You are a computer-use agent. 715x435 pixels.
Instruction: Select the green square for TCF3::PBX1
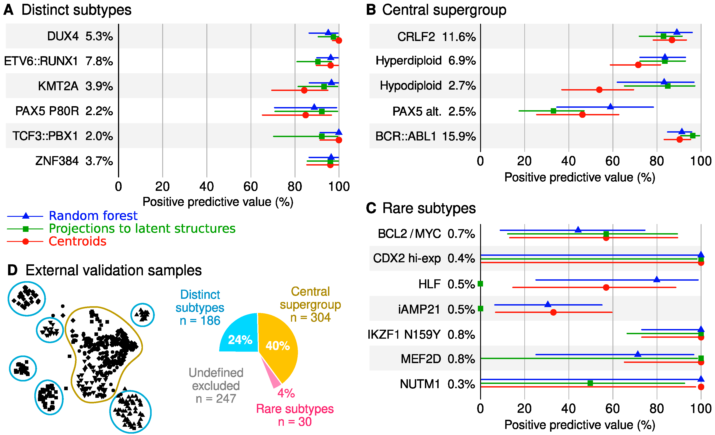click(321, 136)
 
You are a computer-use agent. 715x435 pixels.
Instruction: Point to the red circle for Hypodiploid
click(599, 90)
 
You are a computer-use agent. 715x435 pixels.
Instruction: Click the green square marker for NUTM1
click(590, 383)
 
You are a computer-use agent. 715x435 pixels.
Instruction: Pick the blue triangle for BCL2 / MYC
click(578, 230)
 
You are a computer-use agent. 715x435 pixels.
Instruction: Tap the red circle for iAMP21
click(553, 312)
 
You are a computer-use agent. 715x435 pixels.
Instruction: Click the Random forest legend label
click(93, 216)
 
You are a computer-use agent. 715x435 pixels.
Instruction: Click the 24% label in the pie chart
click(240, 340)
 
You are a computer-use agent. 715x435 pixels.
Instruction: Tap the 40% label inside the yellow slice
click(278, 345)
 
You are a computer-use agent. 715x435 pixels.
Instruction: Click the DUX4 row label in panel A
click(63, 36)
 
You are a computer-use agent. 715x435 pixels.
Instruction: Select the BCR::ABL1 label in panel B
click(405, 136)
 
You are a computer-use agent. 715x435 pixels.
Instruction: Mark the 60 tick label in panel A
click(251, 187)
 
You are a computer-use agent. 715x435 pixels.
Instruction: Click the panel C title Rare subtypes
click(429, 208)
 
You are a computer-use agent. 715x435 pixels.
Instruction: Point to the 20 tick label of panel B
click(524, 161)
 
